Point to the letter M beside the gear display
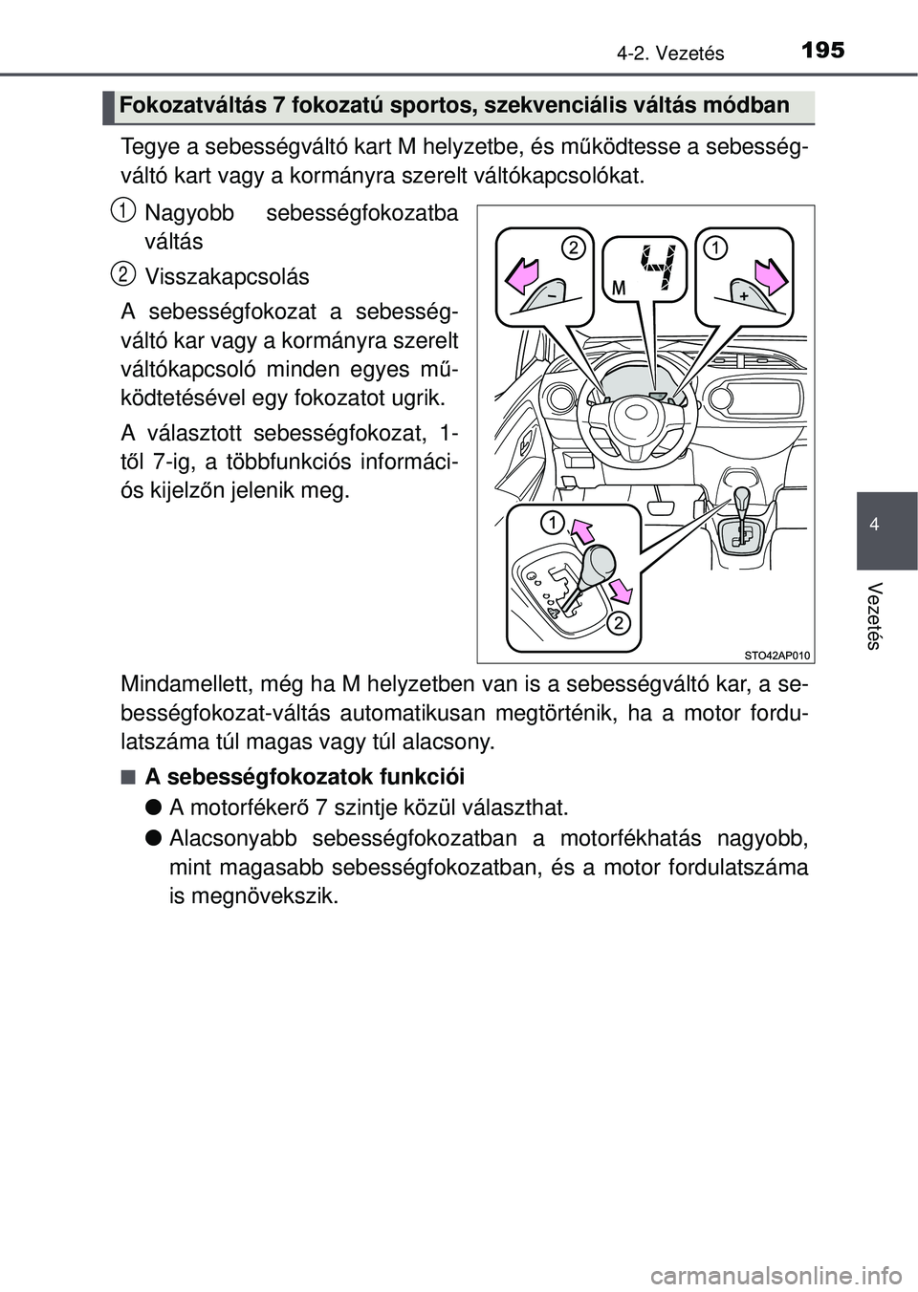click(619, 288)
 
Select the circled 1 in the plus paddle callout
click(714, 248)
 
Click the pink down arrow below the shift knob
click(621, 585)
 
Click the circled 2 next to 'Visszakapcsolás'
click(120, 275)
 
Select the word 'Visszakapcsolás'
click(227, 277)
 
